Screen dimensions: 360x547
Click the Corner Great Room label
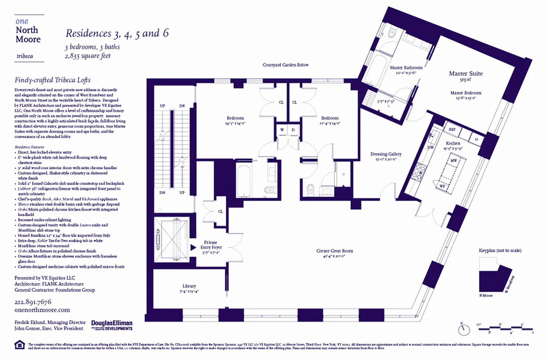click(x=334, y=251)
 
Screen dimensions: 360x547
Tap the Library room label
click(x=189, y=286)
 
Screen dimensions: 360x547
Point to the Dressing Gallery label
click(x=386, y=154)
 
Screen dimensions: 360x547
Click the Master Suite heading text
click(x=466, y=73)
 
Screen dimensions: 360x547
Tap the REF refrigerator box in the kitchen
click(x=453, y=129)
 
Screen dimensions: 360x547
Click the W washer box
click(x=282, y=130)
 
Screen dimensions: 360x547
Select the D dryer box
click(x=293, y=130)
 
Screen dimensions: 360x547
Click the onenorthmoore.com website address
click(x=42, y=310)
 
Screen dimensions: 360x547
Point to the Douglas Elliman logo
click(x=112, y=324)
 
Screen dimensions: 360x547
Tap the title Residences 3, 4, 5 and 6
click(x=117, y=33)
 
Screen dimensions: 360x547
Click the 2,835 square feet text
click(x=88, y=56)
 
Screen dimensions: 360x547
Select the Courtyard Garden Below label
click(x=286, y=65)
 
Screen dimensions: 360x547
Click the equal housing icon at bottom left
click(x=20, y=345)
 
